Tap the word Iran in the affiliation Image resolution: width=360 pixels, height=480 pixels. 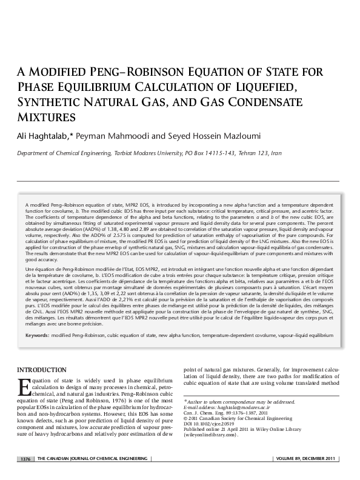(276, 154)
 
